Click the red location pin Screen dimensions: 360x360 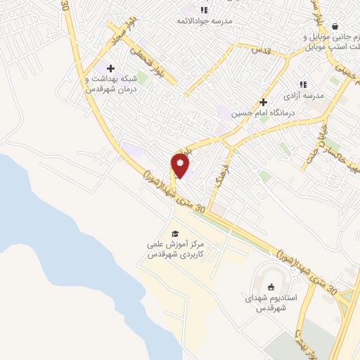tap(180, 166)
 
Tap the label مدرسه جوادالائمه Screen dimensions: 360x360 tap(205, 20)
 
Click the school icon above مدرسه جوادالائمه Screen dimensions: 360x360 tap(205, 9)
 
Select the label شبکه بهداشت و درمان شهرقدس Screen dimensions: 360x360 tap(110, 86)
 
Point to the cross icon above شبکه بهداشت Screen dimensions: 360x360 tap(110, 69)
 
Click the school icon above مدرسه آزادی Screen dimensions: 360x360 tap(304, 84)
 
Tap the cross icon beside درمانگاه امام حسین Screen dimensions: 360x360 tap(263, 102)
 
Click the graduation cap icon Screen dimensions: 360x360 tap(174, 234)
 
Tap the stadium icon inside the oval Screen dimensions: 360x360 tap(271, 285)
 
